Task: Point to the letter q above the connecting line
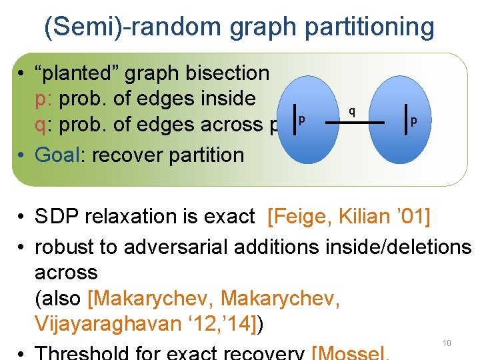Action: click(x=352, y=109)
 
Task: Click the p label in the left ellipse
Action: click(x=302, y=119)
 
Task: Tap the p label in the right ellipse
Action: click(x=414, y=121)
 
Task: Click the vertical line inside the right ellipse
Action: click(x=406, y=120)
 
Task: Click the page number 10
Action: click(x=447, y=343)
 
